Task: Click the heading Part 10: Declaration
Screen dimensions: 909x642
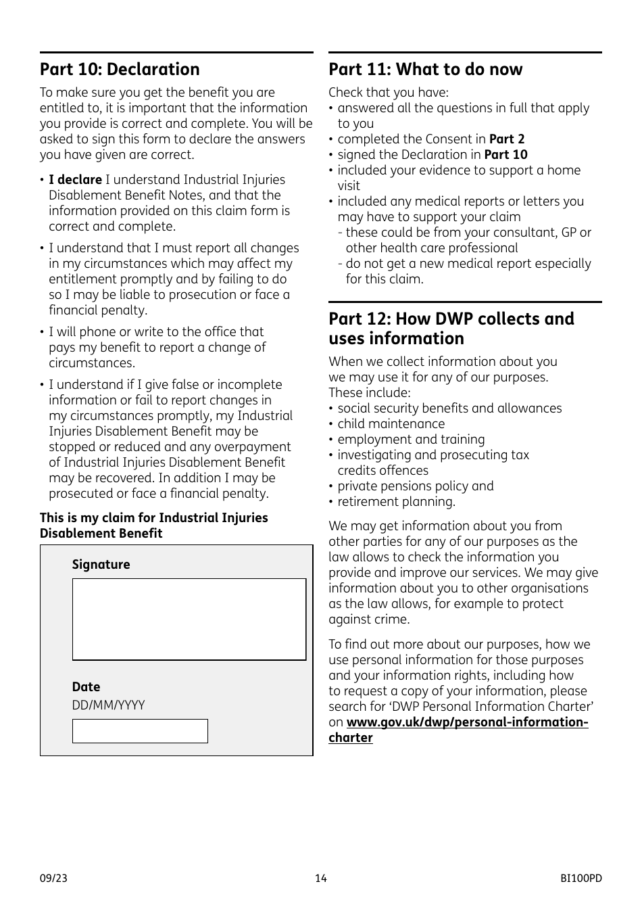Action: pyautogui.click(x=120, y=70)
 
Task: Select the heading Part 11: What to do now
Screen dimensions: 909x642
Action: pyautogui.click(x=425, y=70)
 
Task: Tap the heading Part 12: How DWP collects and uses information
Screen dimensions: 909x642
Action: pyautogui.click(x=451, y=329)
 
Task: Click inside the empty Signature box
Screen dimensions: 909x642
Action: pyautogui.click(x=189, y=619)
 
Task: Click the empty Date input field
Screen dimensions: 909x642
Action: pyautogui.click(x=140, y=731)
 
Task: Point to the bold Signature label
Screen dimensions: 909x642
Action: pyautogui.click(x=101, y=565)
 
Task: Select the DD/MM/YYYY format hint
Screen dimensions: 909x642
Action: pyautogui.click(x=108, y=705)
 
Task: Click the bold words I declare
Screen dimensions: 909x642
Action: pyautogui.click(x=75, y=180)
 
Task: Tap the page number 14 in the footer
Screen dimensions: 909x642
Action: pyautogui.click(x=320, y=879)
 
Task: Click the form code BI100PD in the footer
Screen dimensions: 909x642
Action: pyautogui.click(x=581, y=879)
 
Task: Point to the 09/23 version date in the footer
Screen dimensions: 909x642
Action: pyautogui.click(x=53, y=879)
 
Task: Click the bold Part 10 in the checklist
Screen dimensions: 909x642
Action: pyautogui.click(x=505, y=155)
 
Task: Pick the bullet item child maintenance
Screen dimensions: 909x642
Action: pyautogui.click(x=391, y=424)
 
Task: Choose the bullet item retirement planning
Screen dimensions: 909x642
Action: pyautogui.click(x=396, y=502)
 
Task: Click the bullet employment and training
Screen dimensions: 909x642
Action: pyautogui.click(x=411, y=440)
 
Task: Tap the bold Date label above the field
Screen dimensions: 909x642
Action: pyautogui.click(x=86, y=687)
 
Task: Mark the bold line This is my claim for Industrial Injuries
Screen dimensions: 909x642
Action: pyautogui.click(x=153, y=518)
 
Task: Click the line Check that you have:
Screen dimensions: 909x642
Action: pyautogui.click(x=388, y=93)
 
